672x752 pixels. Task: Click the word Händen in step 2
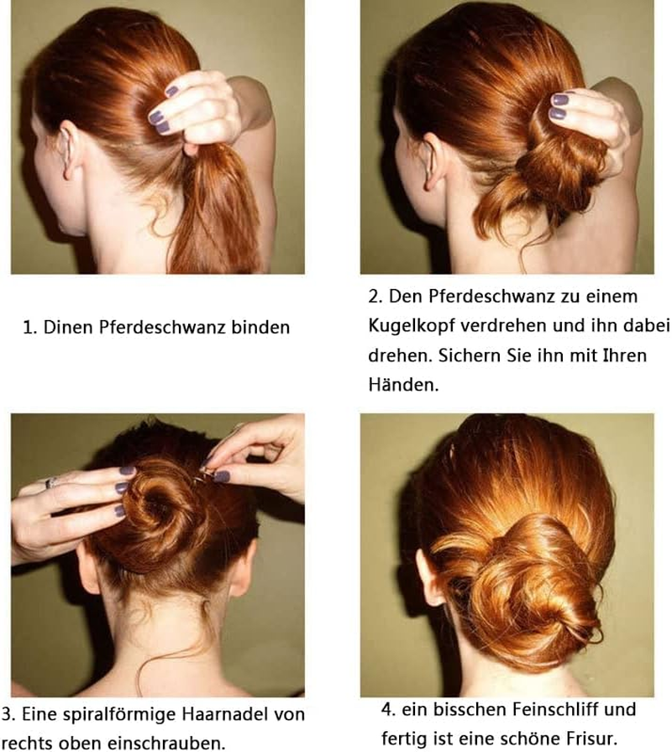point(403,385)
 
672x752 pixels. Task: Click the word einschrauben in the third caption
point(165,744)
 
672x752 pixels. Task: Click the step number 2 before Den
point(375,297)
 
